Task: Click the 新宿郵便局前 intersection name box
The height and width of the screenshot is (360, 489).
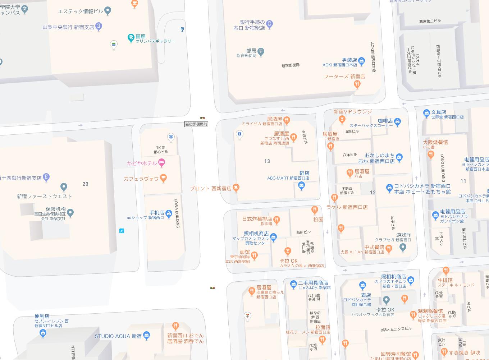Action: (196, 124)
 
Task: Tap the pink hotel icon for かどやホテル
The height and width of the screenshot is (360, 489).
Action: (161, 163)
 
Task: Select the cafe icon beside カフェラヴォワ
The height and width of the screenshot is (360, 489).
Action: (163, 178)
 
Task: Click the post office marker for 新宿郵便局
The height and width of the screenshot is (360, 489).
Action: (261, 51)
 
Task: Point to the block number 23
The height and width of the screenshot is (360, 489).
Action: (85, 184)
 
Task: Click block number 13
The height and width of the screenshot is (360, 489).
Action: (267, 161)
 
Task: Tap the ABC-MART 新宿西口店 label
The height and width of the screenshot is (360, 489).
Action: (288, 178)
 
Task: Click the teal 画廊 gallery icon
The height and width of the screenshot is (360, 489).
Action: (131, 38)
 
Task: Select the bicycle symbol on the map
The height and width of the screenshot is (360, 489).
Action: (122, 231)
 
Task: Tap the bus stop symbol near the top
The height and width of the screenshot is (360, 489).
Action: (182, 29)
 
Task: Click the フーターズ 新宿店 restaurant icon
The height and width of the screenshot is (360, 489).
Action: (357, 84)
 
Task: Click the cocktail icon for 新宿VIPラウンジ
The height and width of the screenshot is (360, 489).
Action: (342, 119)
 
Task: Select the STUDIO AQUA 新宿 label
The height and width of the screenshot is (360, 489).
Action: (118, 336)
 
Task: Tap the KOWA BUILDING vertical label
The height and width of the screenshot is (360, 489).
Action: (177, 213)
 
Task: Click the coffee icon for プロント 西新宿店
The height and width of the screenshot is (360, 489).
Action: (236, 187)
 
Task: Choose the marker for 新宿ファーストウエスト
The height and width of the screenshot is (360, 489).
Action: (64, 187)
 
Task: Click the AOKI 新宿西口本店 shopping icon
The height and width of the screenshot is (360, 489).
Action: (361, 60)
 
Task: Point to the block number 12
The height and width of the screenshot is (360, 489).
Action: (373, 193)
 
